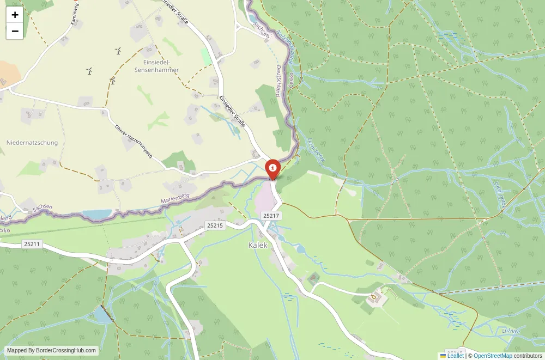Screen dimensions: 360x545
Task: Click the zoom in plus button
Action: click(x=15, y=15)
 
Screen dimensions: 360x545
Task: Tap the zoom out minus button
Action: click(x=15, y=31)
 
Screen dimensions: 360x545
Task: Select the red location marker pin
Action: click(x=272, y=168)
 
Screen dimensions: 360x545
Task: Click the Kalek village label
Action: click(x=258, y=245)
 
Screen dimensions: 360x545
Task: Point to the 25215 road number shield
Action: click(x=215, y=225)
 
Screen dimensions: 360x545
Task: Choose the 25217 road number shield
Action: click(x=271, y=216)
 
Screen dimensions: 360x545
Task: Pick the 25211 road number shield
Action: click(x=32, y=243)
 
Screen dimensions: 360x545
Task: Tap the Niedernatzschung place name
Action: click(x=32, y=143)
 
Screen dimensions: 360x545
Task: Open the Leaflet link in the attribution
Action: click(x=452, y=356)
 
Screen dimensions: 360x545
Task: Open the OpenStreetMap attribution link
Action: click(x=493, y=356)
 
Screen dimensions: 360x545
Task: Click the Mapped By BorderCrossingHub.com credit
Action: click(x=52, y=351)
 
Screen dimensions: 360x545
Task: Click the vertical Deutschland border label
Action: click(x=278, y=81)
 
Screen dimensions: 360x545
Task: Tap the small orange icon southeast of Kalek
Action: click(x=374, y=297)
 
